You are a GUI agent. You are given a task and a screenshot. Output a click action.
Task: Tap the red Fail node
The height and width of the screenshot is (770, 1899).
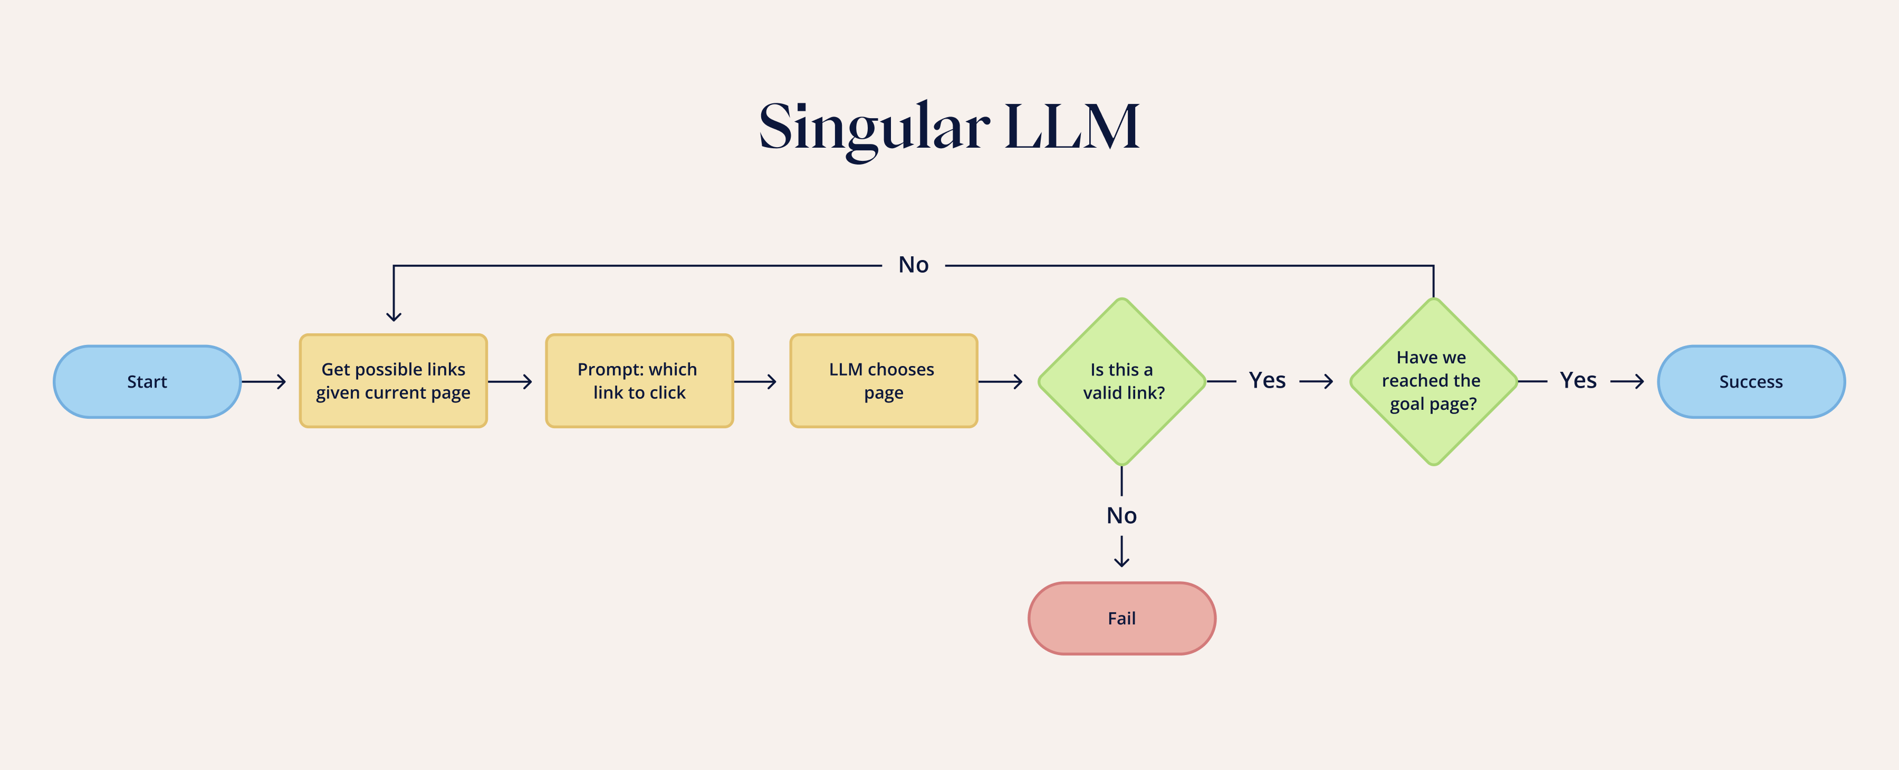[x=1121, y=618]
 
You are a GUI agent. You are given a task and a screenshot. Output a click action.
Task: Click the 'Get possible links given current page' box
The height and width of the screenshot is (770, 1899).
[x=393, y=381]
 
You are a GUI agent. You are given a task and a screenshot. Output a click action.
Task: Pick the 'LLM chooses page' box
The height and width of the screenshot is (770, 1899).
[x=883, y=381]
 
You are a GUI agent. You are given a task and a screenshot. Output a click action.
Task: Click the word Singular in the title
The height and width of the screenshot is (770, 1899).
[x=874, y=127]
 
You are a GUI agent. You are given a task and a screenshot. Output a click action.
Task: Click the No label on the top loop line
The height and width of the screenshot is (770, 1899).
[x=914, y=265]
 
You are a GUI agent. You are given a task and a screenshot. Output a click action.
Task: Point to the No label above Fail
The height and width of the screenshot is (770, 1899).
[x=1121, y=515]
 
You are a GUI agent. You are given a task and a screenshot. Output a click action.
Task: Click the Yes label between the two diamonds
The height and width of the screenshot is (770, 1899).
[x=1267, y=380]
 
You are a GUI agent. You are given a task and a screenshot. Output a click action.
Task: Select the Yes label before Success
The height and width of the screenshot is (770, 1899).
[x=1578, y=380]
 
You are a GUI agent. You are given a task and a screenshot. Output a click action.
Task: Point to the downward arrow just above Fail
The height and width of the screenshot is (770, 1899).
[x=1121, y=553]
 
